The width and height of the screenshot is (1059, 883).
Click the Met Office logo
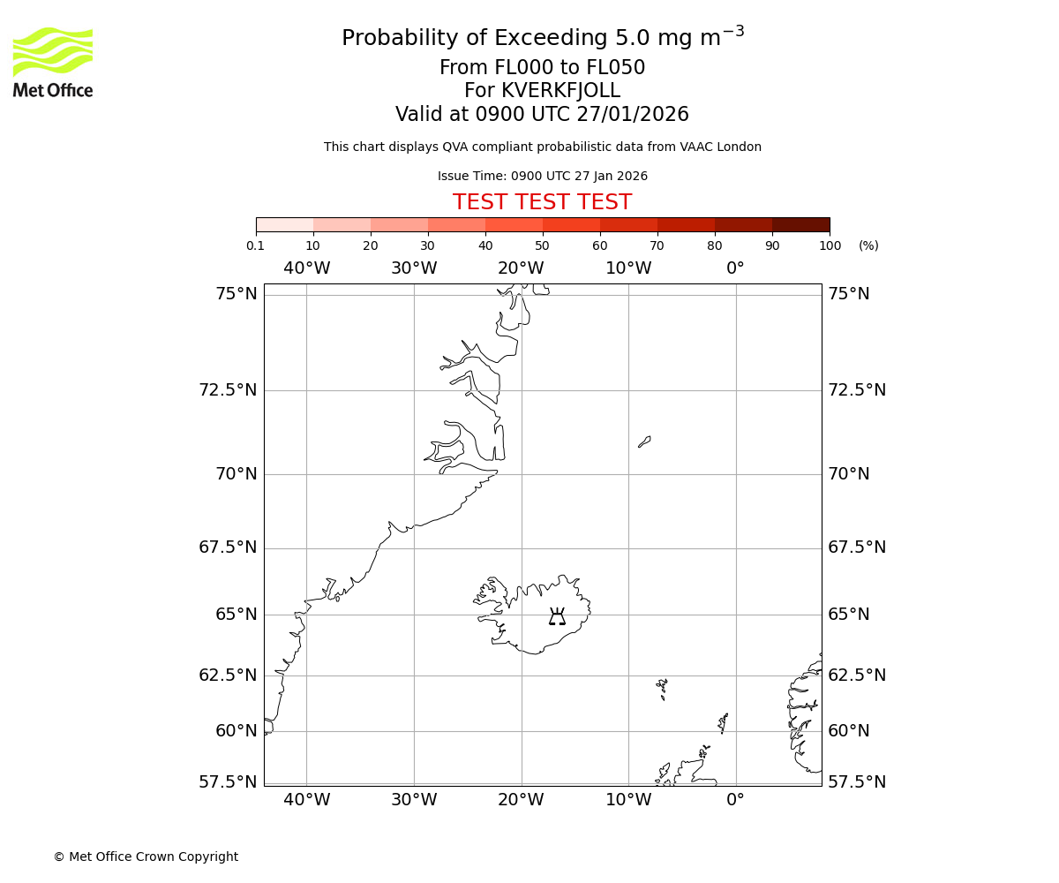(x=53, y=62)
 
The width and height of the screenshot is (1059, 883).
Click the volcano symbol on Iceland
(x=557, y=616)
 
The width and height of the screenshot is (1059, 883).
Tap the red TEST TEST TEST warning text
(x=542, y=203)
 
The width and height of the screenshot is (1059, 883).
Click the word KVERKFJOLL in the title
(x=560, y=91)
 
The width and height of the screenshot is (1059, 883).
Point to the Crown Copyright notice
(x=146, y=857)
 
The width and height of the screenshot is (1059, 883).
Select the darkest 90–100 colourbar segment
(x=800, y=224)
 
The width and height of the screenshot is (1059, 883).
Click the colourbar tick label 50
(x=542, y=245)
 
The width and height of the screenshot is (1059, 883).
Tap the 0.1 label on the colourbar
(x=255, y=245)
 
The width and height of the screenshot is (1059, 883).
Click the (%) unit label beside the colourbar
(x=868, y=245)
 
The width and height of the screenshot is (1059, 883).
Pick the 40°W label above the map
(x=306, y=268)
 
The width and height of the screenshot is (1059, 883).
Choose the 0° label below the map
(x=735, y=800)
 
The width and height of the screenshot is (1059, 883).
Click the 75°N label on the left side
(x=236, y=294)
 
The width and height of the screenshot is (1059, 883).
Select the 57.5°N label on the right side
(x=856, y=781)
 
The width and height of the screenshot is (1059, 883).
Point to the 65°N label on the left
(x=236, y=615)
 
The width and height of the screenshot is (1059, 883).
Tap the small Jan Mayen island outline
(x=644, y=441)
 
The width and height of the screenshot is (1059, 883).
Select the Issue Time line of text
(x=542, y=176)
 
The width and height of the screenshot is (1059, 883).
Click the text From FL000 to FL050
(x=542, y=68)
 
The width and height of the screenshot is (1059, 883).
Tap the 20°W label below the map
(x=521, y=800)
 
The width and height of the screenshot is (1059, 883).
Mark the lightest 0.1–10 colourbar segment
(x=285, y=224)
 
